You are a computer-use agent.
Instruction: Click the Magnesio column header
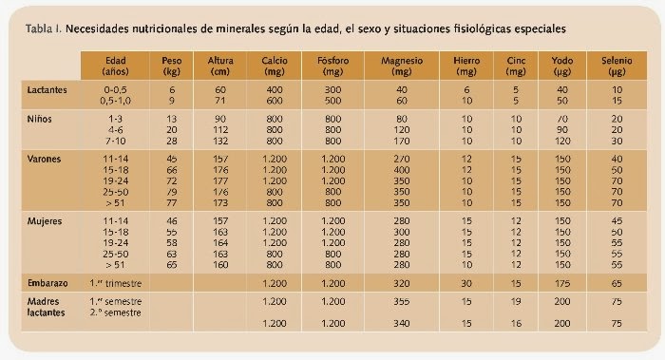[x=400, y=65]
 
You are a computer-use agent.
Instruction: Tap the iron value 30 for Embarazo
[x=465, y=282]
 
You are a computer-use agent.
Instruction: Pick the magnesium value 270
[x=400, y=159]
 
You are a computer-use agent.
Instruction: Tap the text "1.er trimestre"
[x=120, y=282]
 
